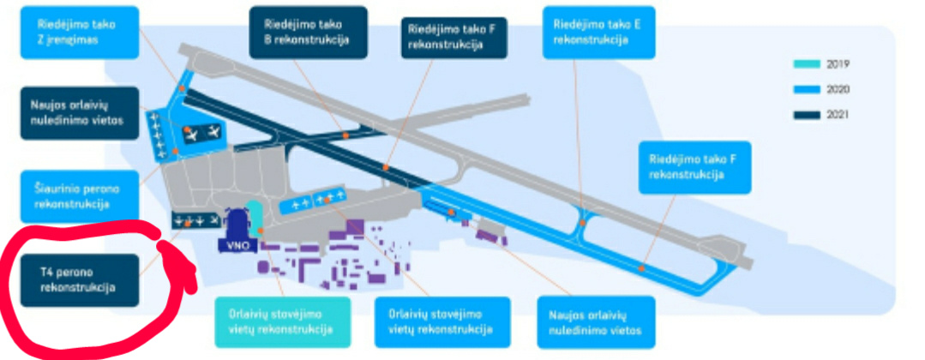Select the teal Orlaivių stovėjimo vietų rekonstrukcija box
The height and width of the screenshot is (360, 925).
(282, 321)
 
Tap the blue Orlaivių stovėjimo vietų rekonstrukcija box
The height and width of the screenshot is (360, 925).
(442, 321)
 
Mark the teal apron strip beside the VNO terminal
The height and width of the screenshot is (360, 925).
(254, 215)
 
